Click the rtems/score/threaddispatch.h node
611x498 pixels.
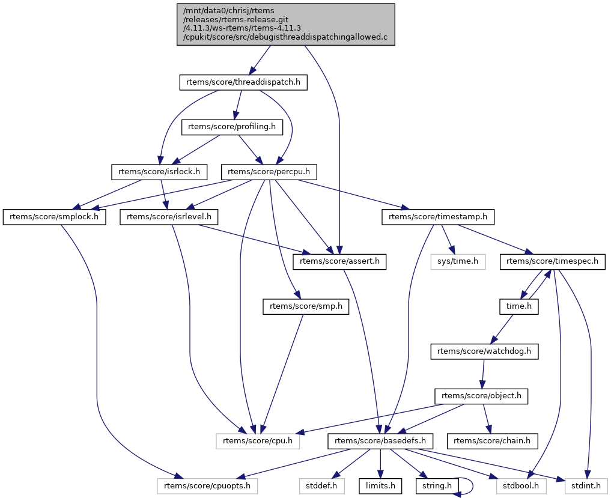tap(243, 82)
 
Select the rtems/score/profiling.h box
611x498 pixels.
tap(232, 127)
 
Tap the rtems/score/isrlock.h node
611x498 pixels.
tap(159, 172)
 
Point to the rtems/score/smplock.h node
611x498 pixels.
tap(54, 216)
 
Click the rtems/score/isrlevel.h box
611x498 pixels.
tap(169, 216)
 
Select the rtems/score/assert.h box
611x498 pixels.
tap(340, 261)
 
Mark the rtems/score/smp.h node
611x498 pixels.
tap(306, 306)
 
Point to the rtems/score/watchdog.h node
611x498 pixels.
tap(484, 351)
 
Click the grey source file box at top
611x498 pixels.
tap(286, 24)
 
